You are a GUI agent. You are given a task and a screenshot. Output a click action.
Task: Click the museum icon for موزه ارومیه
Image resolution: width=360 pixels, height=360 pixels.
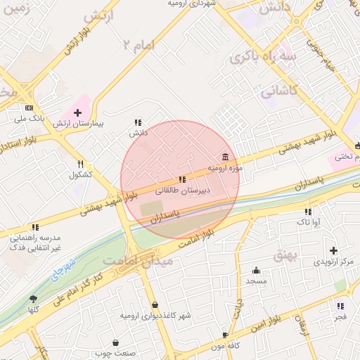coord(225,156)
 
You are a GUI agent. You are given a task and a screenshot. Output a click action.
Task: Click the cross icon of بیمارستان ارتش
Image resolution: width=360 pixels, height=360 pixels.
coord(77,112)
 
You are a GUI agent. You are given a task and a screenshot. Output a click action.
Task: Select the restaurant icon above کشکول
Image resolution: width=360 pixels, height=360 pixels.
coord(81,164)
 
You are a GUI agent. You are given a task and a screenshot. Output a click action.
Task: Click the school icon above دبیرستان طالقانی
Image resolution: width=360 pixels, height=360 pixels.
coord(182,180)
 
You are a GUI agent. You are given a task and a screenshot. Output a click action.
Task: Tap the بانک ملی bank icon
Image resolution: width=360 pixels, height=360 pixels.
coord(29,108)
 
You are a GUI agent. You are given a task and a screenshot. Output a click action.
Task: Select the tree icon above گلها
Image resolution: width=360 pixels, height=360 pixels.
coord(33,300)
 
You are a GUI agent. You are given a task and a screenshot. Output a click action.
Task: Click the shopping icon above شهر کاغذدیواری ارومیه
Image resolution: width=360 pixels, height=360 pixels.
coord(155,305)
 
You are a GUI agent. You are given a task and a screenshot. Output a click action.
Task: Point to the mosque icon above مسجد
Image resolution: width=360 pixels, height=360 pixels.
coord(256,270)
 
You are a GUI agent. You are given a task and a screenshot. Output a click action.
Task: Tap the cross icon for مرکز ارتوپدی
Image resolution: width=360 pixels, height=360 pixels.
coord(333,250)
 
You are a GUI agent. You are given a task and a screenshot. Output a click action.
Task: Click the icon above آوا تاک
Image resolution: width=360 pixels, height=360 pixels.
coord(308,212)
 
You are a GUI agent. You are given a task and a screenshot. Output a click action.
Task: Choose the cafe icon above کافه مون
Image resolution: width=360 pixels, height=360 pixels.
coord(225,335)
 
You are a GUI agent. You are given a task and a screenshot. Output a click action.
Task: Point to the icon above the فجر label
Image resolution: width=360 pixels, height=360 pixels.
coord(340,307)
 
